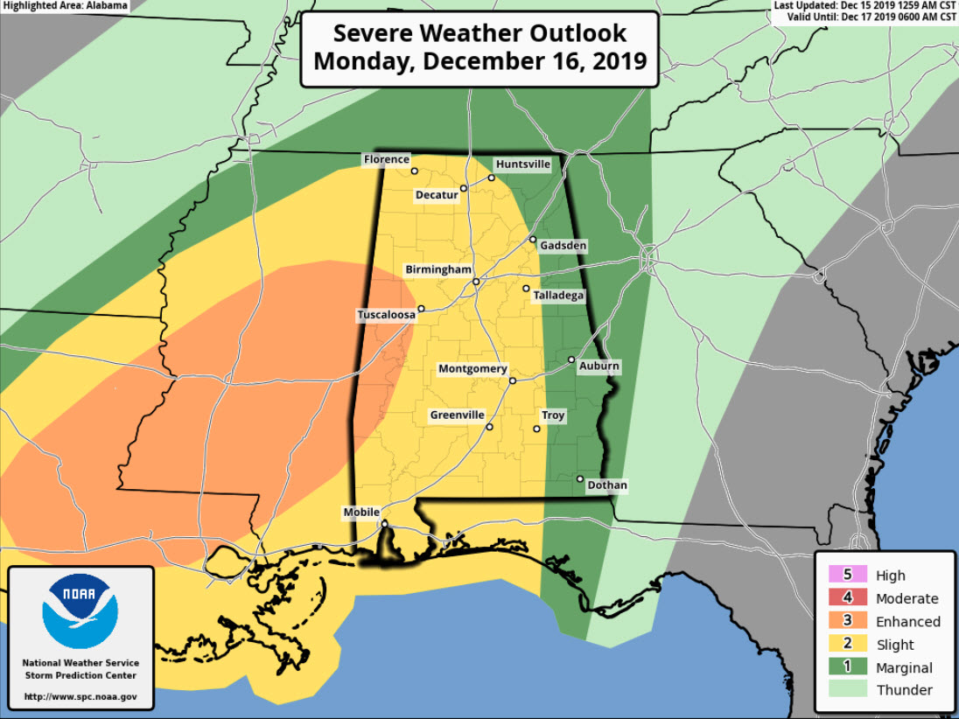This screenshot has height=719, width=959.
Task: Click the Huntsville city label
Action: tap(522, 164)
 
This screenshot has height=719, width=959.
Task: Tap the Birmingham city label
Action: tap(438, 270)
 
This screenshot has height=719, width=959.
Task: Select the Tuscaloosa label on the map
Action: tap(386, 315)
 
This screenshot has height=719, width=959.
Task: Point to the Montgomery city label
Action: tap(472, 369)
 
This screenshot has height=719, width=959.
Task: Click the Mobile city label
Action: tap(361, 513)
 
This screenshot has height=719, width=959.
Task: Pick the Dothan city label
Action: tap(608, 485)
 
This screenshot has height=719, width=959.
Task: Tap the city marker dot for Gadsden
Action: tap(532, 239)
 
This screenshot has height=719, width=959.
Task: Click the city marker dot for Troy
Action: tap(537, 429)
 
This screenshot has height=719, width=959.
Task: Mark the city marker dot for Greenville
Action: tap(489, 427)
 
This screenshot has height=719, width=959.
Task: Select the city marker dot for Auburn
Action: tap(571, 359)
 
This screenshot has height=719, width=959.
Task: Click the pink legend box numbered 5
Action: tap(847, 575)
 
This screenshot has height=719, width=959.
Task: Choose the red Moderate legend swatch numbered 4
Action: tap(847, 598)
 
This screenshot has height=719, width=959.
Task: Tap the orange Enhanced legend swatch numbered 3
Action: tap(847, 621)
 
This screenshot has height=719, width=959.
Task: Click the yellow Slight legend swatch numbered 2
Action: tap(847, 645)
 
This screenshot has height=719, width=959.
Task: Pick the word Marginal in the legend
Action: tap(905, 668)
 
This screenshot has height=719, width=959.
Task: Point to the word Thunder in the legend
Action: tap(905, 690)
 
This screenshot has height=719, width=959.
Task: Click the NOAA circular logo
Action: tap(80, 611)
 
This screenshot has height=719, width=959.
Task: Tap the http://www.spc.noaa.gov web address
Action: tap(80, 697)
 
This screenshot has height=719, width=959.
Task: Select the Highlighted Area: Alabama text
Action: tap(65, 6)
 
